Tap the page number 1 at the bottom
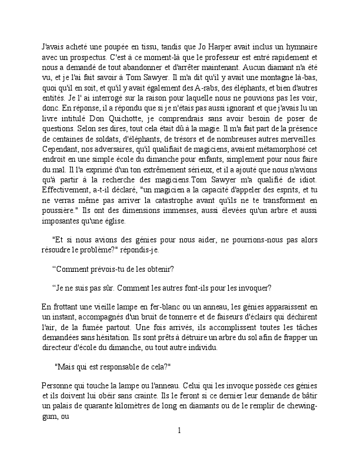tap(179, 431)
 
